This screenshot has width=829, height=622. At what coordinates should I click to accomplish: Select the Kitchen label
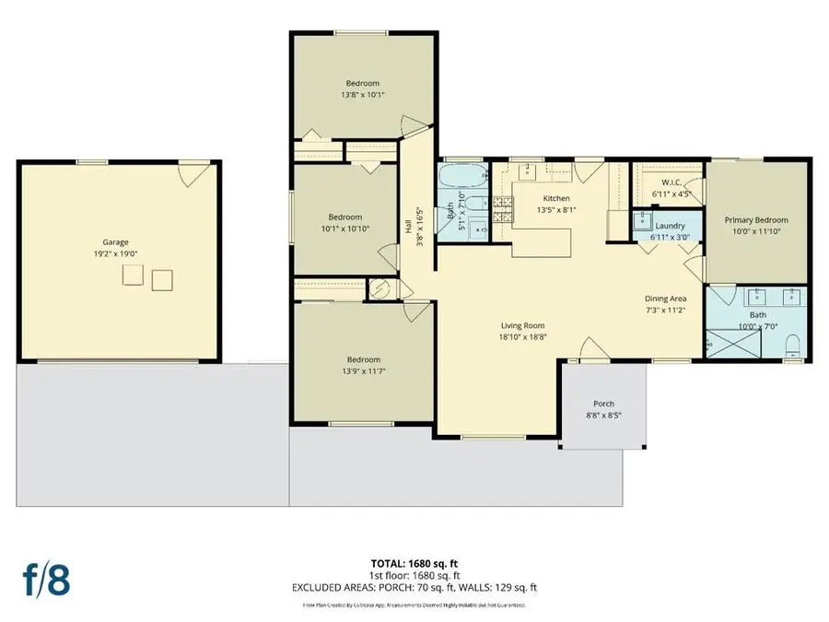(556, 198)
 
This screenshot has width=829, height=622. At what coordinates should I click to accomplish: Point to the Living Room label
(523, 325)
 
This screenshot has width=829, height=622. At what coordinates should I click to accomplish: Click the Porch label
(603, 404)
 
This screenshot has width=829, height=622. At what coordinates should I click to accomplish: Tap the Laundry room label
(670, 226)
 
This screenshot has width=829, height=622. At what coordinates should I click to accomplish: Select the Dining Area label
(665, 299)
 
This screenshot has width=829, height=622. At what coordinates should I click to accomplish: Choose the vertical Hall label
(408, 226)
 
